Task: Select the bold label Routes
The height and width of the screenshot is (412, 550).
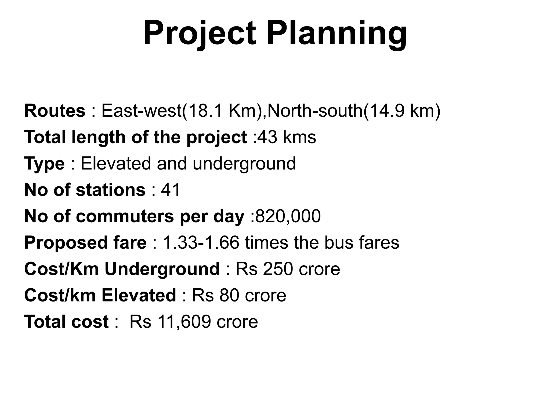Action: click(x=55, y=111)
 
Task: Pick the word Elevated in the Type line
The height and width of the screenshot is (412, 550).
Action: click(x=116, y=163)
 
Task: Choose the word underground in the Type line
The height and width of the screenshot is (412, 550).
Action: click(x=244, y=163)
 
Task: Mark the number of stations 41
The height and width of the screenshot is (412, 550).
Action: click(x=171, y=190)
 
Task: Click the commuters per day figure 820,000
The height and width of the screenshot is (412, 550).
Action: click(x=288, y=216)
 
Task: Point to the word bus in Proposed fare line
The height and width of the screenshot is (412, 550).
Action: click(x=338, y=242)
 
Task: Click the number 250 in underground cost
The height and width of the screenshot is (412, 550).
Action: click(x=278, y=269)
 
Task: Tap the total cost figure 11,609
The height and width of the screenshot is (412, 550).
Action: click(x=184, y=321)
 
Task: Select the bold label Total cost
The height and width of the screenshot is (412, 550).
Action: click(x=66, y=321)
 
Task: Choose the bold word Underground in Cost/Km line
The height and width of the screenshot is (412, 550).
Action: click(x=162, y=269)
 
